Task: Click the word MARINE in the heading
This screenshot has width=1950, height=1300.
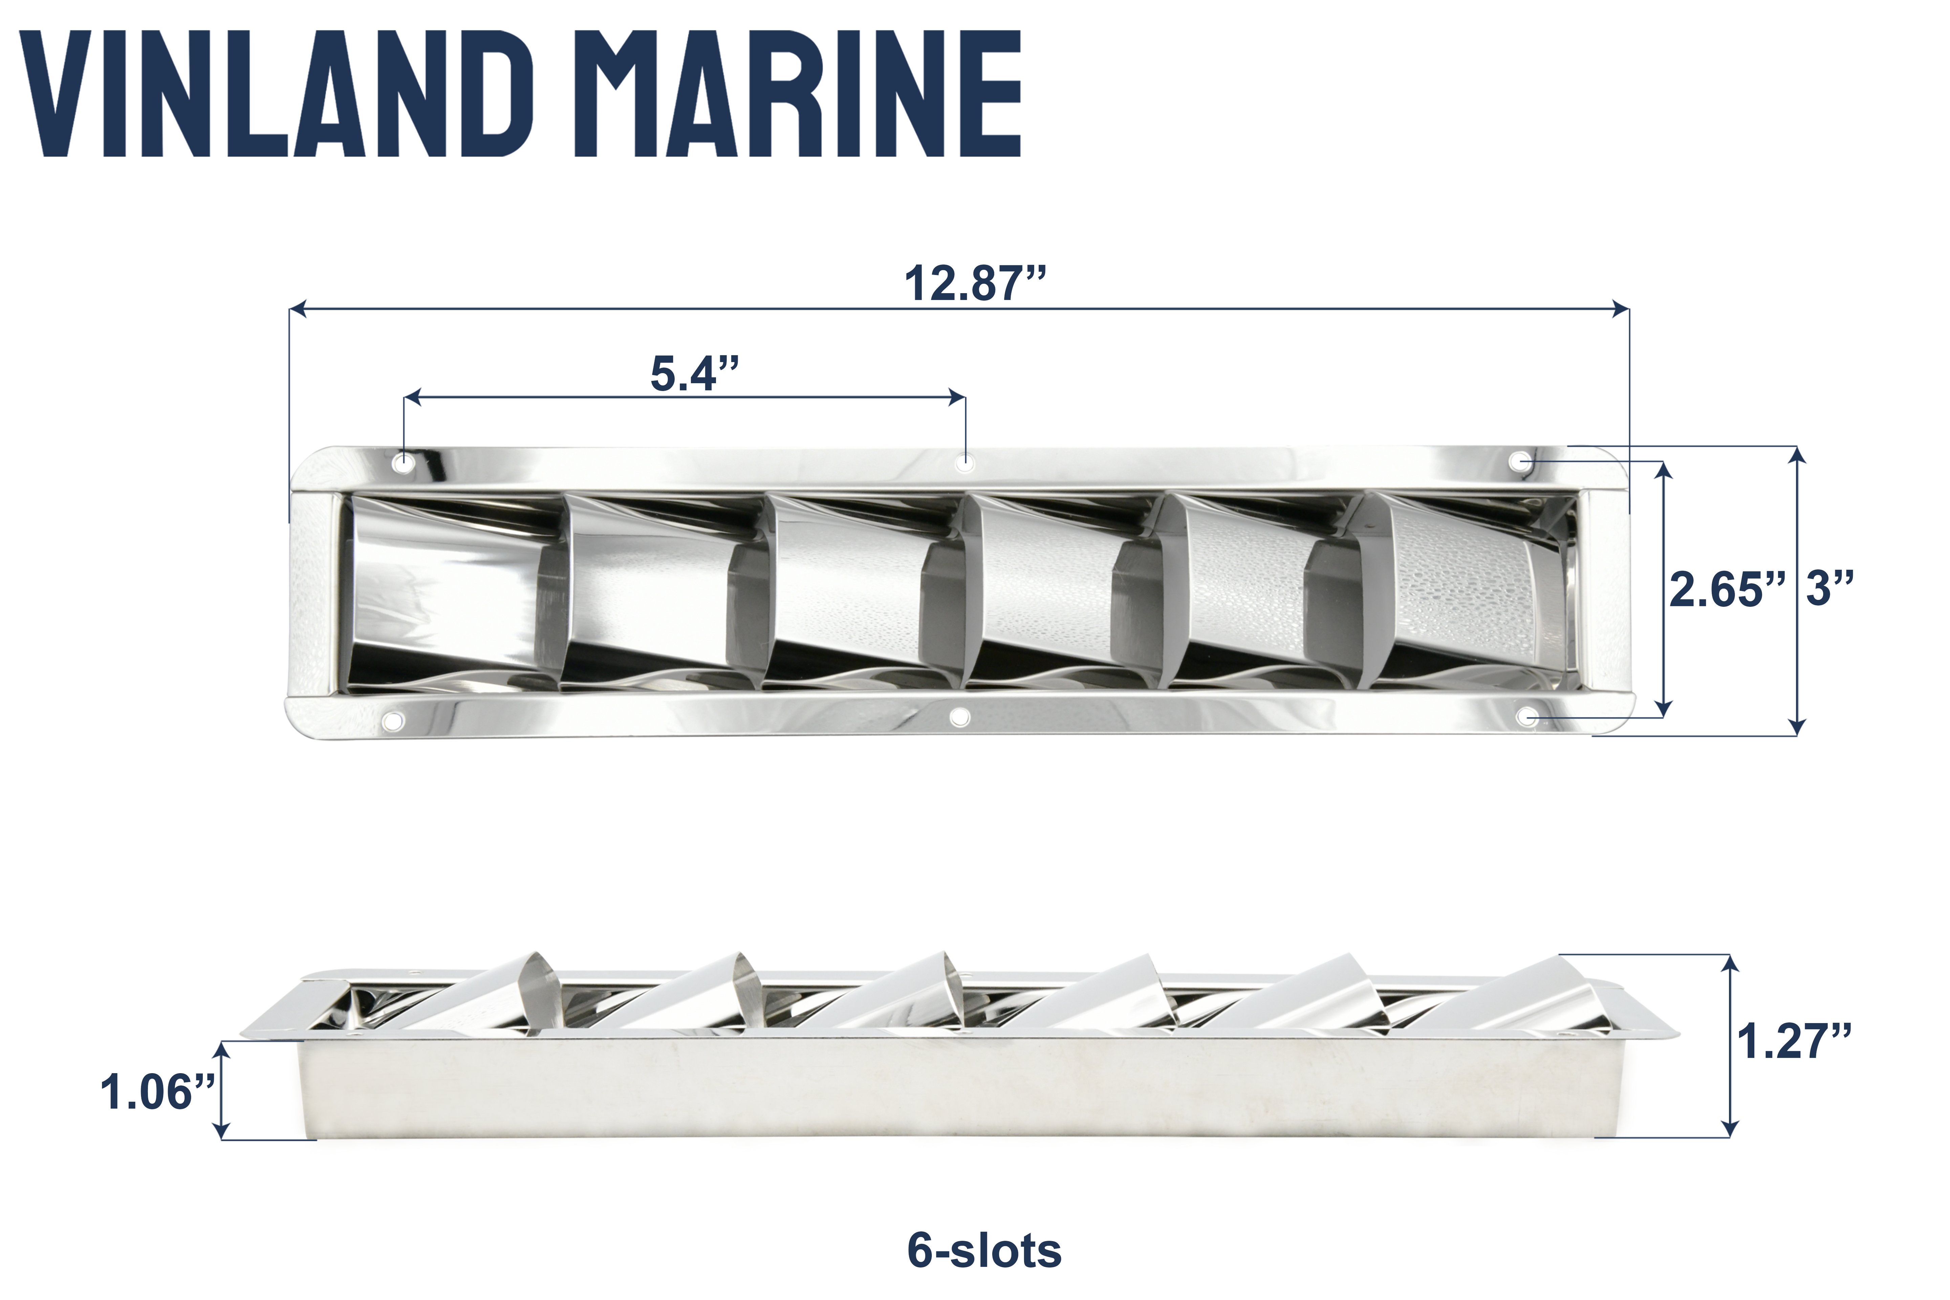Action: click(x=808, y=94)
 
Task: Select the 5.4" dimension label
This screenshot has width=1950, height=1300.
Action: click(x=694, y=374)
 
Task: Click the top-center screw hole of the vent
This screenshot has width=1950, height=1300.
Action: click(x=964, y=462)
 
